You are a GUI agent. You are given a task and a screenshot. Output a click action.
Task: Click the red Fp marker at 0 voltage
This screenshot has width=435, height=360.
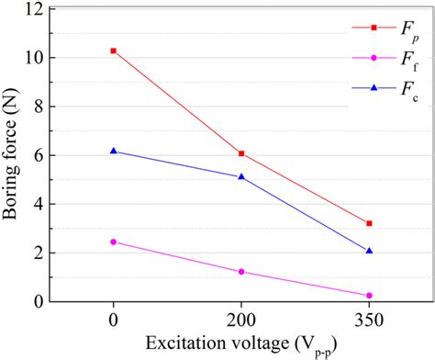114,51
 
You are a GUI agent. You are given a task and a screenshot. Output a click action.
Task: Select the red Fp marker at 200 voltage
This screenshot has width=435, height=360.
241,153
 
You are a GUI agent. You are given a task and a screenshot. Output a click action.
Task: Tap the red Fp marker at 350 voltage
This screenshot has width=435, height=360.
369,223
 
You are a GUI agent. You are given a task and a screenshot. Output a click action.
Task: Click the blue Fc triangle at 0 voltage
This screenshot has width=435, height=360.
114,151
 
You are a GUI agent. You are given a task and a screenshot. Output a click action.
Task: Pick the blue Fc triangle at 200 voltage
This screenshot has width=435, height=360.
241,176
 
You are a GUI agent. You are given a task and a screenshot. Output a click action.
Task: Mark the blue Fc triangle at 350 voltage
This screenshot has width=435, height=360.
369,250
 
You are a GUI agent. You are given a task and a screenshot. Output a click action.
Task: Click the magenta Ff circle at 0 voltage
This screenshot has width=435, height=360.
114,242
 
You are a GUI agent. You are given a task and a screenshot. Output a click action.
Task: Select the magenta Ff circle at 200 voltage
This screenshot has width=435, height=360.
241,272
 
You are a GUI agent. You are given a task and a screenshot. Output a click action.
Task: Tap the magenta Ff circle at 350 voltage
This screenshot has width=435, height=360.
369,295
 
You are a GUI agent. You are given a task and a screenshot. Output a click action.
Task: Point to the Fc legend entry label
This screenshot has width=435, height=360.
405,89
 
